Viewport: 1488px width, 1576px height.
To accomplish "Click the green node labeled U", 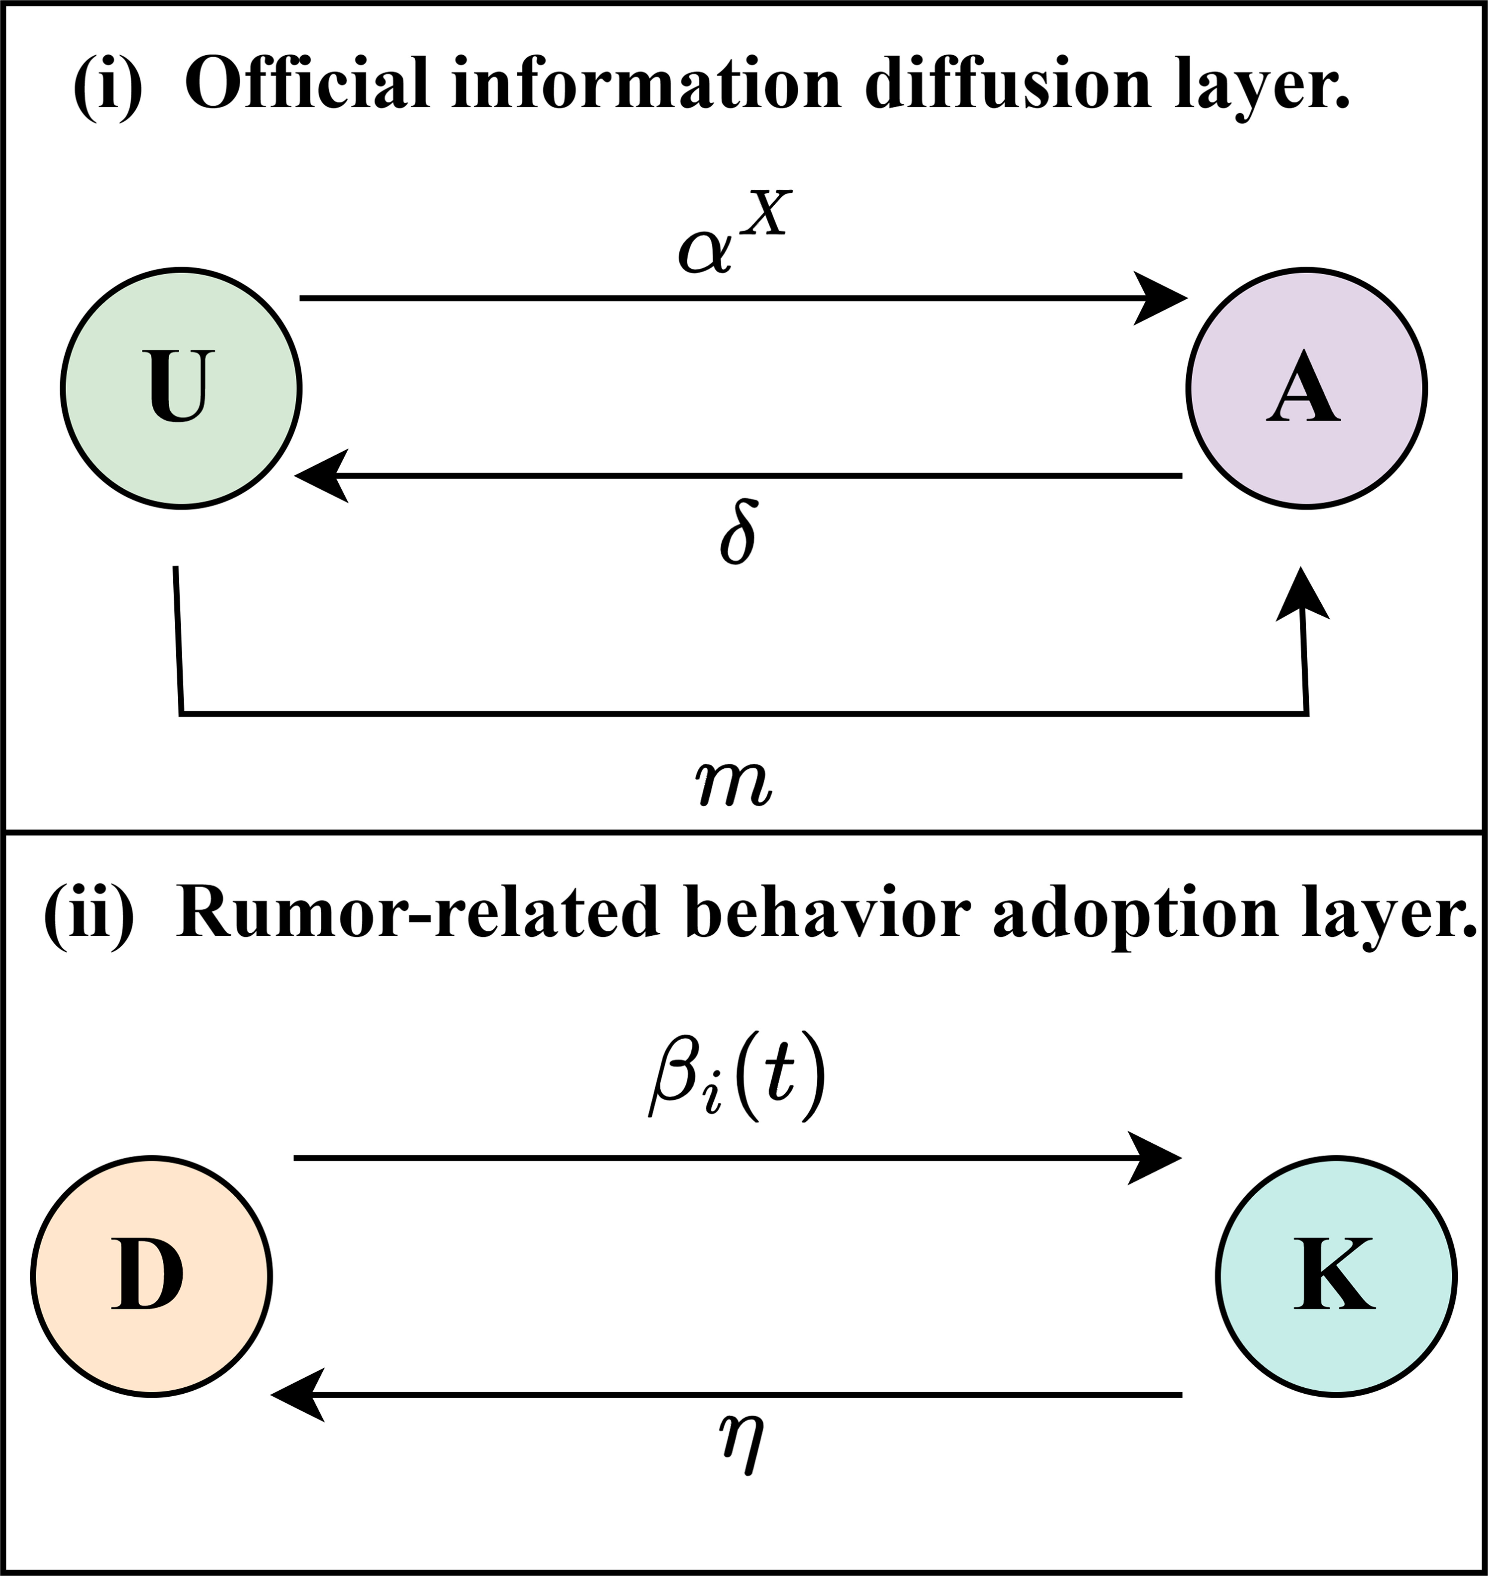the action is (x=181, y=388).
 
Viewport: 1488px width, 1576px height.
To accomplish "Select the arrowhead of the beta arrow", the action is (x=1154, y=1158).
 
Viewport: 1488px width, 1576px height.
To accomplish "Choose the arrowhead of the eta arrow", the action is (x=298, y=1394).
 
